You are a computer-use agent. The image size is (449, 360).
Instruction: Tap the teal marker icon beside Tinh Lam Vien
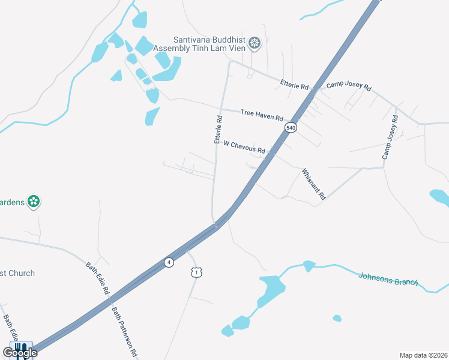[x=255, y=43]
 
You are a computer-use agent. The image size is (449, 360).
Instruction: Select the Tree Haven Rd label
[x=262, y=114]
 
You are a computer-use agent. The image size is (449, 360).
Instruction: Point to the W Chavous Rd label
[x=244, y=146]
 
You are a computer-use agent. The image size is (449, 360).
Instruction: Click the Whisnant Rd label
[x=313, y=184]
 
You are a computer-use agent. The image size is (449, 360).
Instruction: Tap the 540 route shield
[x=291, y=128]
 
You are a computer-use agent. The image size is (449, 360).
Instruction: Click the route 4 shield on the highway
[x=169, y=262]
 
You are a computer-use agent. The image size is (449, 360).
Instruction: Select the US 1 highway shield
[x=196, y=272]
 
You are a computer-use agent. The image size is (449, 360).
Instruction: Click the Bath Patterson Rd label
[x=125, y=331]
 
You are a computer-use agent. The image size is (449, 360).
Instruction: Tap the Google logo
[x=20, y=352]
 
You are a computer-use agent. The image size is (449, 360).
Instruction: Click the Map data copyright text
[x=424, y=355]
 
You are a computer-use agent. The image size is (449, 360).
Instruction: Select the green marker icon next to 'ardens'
[x=34, y=202]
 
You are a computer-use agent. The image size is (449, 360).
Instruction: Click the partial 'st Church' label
[x=17, y=273]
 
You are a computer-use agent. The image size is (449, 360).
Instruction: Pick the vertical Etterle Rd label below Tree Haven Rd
[x=218, y=130]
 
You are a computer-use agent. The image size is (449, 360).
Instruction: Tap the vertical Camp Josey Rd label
[x=390, y=138]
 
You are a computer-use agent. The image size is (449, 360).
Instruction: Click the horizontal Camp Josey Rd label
[x=349, y=86]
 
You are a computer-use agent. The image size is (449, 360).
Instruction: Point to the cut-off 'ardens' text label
[x=12, y=202]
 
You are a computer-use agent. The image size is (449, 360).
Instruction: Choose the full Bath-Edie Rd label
[x=97, y=277]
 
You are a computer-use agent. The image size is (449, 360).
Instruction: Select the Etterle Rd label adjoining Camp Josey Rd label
[x=294, y=86]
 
